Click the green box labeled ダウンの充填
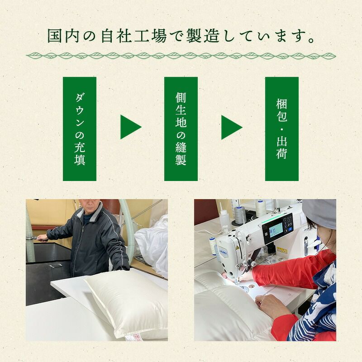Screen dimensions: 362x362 point(80,129)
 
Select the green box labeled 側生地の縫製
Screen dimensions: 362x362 point(181,129)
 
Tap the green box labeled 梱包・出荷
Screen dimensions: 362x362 point(281,129)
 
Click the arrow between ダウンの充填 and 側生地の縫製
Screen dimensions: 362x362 point(131,127)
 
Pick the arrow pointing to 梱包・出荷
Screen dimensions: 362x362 point(232,127)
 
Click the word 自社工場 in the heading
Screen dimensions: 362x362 point(133,36)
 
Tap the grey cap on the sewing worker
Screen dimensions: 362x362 point(320,214)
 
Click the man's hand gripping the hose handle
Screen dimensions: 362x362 point(43,238)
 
